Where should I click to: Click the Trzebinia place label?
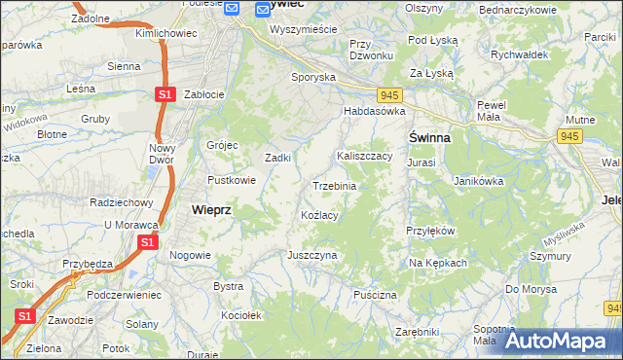(x=334, y=186)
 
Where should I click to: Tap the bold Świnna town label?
(x=428, y=138)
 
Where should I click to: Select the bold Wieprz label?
(x=211, y=209)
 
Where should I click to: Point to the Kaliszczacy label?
(x=364, y=156)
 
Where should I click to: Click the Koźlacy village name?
(x=319, y=215)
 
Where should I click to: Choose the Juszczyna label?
(x=311, y=255)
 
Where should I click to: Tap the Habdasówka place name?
(x=373, y=112)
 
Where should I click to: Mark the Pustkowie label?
(x=232, y=180)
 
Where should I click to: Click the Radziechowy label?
(x=122, y=202)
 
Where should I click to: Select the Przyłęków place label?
(x=430, y=232)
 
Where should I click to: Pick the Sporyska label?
(x=313, y=76)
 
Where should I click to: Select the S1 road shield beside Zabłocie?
(x=165, y=94)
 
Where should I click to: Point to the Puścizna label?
(x=376, y=294)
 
